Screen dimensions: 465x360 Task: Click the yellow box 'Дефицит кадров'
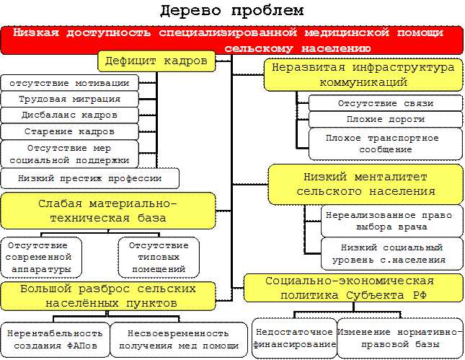pos(156,61)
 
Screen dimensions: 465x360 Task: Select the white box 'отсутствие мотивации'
pos(70,82)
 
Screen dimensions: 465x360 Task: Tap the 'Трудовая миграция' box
pos(70,99)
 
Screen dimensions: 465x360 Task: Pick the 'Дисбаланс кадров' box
pos(70,115)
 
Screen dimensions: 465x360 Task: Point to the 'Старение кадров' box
pos(70,132)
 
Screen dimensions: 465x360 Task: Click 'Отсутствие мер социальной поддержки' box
pos(70,154)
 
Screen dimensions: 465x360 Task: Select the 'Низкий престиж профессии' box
pos(89,178)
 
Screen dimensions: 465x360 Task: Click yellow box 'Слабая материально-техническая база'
pos(108,211)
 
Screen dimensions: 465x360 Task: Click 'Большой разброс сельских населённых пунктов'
pos(108,296)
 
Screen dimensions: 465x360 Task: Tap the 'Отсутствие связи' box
pos(385,103)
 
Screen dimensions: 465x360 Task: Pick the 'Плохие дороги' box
pos(385,120)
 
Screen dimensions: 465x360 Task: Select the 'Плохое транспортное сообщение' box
pos(385,144)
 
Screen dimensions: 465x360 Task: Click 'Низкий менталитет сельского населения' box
pos(366,184)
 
